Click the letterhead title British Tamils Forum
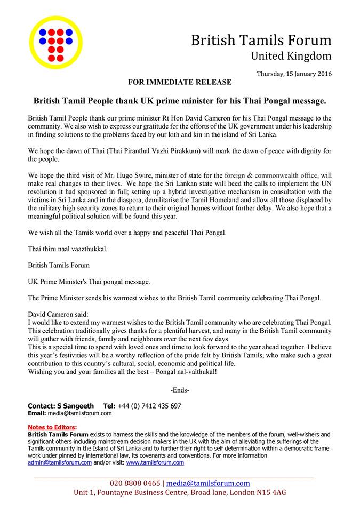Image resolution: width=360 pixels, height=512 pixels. coord(261,40)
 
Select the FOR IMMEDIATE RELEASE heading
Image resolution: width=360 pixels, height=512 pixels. coord(180,82)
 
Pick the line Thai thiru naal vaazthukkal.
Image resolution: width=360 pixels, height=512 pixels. coord(67,249)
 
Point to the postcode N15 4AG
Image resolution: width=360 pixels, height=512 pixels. coord(270,492)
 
